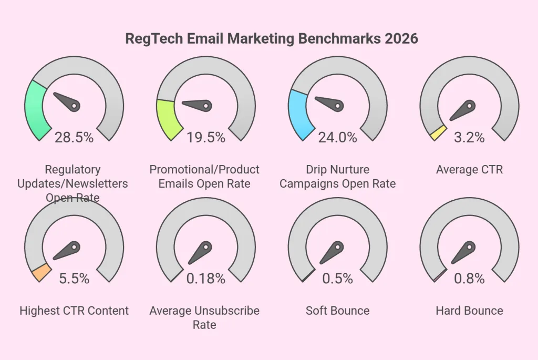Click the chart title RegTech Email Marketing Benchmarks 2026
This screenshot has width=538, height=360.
tap(271, 39)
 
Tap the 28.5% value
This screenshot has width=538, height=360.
tap(74, 137)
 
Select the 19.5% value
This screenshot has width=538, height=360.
tap(206, 137)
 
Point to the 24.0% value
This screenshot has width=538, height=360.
tap(337, 137)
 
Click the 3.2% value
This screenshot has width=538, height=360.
tap(469, 137)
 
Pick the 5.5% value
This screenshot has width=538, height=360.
tap(74, 279)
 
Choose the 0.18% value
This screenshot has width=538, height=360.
tap(206, 279)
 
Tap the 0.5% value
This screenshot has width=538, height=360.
tap(337, 279)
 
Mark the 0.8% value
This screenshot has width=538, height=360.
tap(469, 279)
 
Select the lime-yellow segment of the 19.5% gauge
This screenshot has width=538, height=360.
tap(168, 119)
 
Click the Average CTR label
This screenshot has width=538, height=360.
tap(469, 170)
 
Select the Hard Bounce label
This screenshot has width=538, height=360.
tap(469, 311)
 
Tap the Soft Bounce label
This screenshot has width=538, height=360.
tap(337, 311)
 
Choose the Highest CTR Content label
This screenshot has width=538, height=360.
tap(74, 311)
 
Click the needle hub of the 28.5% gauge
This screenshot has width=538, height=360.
tap(75, 106)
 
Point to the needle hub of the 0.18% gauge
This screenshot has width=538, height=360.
tap(206, 246)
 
